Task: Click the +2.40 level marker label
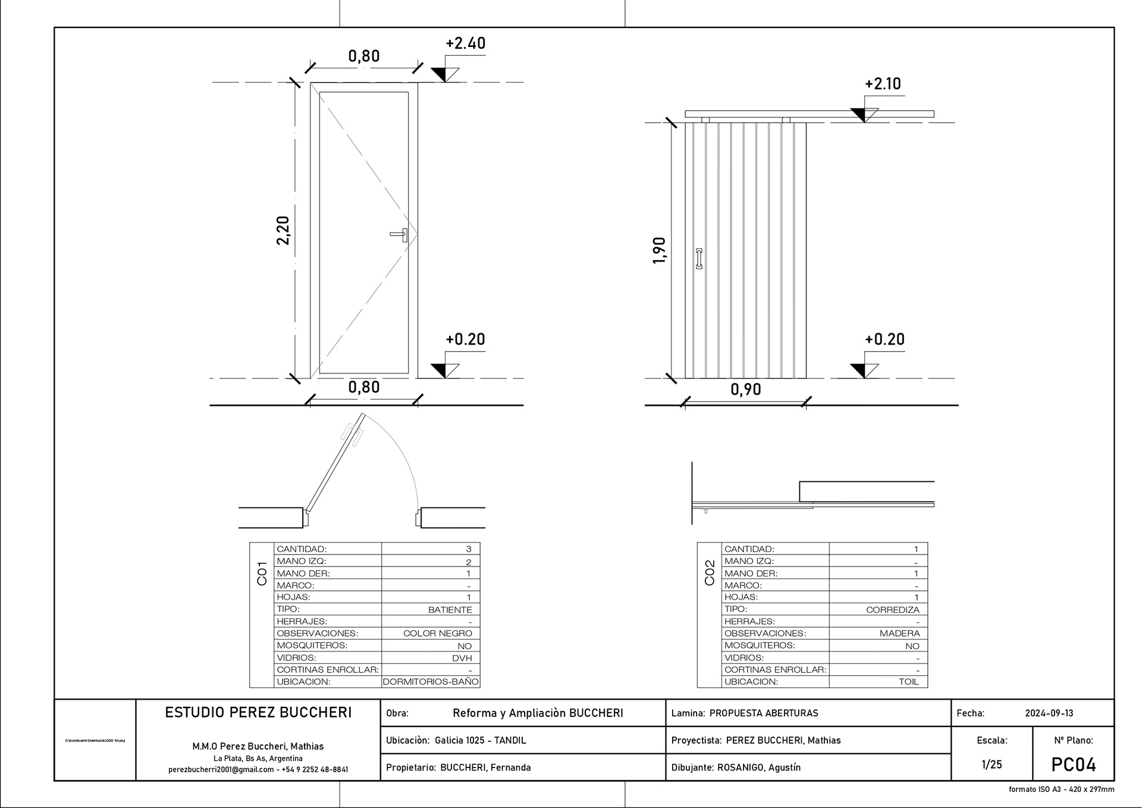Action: pyautogui.click(x=465, y=43)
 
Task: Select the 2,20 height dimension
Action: pyautogui.click(x=283, y=230)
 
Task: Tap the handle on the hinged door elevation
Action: pyautogui.click(x=400, y=234)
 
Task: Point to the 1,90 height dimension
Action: pyautogui.click(x=659, y=250)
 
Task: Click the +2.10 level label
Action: pyautogui.click(x=883, y=84)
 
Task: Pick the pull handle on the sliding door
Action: pyautogui.click(x=699, y=259)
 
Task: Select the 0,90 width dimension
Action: pyautogui.click(x=745, y=389)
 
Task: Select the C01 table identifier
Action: pyautogui.click(x=262, y=573)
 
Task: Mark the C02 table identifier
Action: pyautogui.click(x=709, y=573)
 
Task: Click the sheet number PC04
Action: pyautogui.click(x=1073, y=765)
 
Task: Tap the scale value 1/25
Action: pyautogui.click(x=992, y=765)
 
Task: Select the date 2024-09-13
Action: pyautogui.click(x=1049, y=713)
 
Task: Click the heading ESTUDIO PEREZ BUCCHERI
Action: pyautogui.click(x=258, y=712)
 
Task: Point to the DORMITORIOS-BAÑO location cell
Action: pyautogui.click(x=431, y=682)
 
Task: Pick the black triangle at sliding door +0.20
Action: pyautogui.click(x=858, y=369)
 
